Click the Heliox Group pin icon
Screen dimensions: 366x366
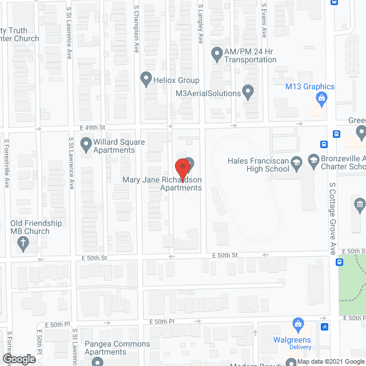[145, 80]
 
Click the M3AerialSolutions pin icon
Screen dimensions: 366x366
[248, 91]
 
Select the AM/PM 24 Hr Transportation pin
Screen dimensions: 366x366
[217, 55]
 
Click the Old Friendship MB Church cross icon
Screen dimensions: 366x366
[23, 245]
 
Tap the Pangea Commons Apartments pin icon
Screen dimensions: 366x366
[97, 362]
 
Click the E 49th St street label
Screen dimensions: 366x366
[94, 127]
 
